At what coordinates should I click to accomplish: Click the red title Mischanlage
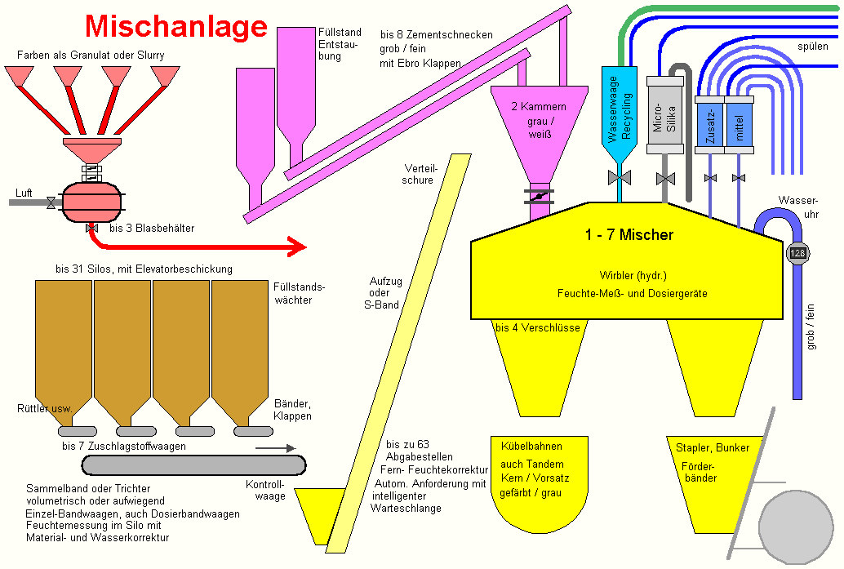(x=176, y=26)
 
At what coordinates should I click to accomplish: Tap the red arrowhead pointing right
(x=296, y=245)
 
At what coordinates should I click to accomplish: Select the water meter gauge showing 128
(x=797, y=253)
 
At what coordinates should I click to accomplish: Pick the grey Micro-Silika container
(x=664, y=117)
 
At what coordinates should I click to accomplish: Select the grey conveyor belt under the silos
(x=193, y=465)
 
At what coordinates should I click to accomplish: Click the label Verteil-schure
(x=419, y=174)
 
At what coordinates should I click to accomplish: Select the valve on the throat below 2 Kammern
(x=538, y=197)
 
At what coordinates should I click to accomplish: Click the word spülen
(x=812, y=47)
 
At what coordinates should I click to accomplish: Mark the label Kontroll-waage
(x=265, y=490)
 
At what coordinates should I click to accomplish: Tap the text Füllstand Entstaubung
(x=339, y=44)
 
